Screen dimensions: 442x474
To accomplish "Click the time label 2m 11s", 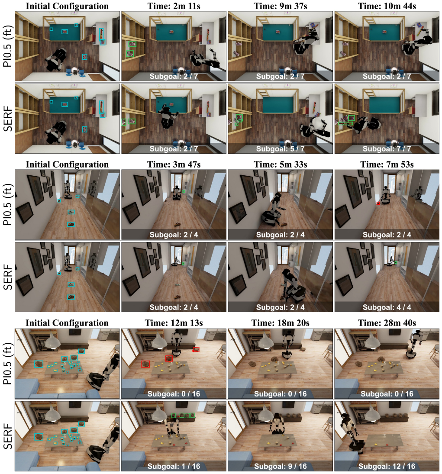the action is (x=174, y=6).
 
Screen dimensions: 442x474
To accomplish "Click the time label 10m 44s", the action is (x=387, y=6).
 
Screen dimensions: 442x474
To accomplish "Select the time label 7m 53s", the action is (x=387, y=164).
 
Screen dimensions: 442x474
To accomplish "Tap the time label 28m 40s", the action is (x=387, y=323).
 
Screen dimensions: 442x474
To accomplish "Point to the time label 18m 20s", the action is (x=280, y=323).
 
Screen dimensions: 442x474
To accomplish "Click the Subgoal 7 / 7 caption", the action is (x=387, y=149).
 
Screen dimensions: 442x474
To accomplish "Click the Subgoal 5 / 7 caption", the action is (x=280, y=149).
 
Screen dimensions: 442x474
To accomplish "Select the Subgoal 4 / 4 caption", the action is (x=387, y=307).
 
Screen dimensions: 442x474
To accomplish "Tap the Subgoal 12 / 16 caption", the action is (x=387, y=466).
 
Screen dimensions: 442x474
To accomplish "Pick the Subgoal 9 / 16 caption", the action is (x=280, y=466).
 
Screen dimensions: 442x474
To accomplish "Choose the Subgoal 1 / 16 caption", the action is (x=174, y=466).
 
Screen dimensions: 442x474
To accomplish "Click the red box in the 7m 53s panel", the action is (x=378, y=203).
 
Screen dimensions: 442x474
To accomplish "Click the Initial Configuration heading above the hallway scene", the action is (x=67, y=164).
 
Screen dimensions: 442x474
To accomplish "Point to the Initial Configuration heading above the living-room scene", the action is (x=67, y=323).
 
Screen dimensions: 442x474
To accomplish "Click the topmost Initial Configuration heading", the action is (x=67, y=6).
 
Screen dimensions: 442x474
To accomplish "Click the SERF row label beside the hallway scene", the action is (x=8, y=277).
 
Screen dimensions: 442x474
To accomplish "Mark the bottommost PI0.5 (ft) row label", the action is (x=8, y=363).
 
